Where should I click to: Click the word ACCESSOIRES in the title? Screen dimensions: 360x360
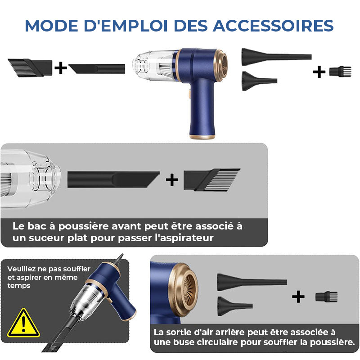273,26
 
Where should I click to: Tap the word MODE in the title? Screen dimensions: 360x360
51,26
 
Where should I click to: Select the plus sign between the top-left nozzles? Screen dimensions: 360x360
61,67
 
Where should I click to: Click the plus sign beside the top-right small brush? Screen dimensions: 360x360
319,72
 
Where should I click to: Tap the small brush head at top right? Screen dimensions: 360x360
340,71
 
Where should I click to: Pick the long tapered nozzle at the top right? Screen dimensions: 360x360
276,57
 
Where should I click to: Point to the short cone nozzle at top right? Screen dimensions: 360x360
260,81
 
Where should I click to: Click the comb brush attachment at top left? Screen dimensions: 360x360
30,67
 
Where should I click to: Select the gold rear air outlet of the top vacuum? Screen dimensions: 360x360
221,65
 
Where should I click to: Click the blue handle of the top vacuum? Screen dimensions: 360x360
202,108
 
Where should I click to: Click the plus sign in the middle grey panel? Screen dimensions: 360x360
172,180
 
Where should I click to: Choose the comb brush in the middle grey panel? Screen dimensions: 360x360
211,180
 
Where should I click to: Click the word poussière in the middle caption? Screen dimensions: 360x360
84,227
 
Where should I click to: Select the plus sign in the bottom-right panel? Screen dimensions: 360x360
298,297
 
